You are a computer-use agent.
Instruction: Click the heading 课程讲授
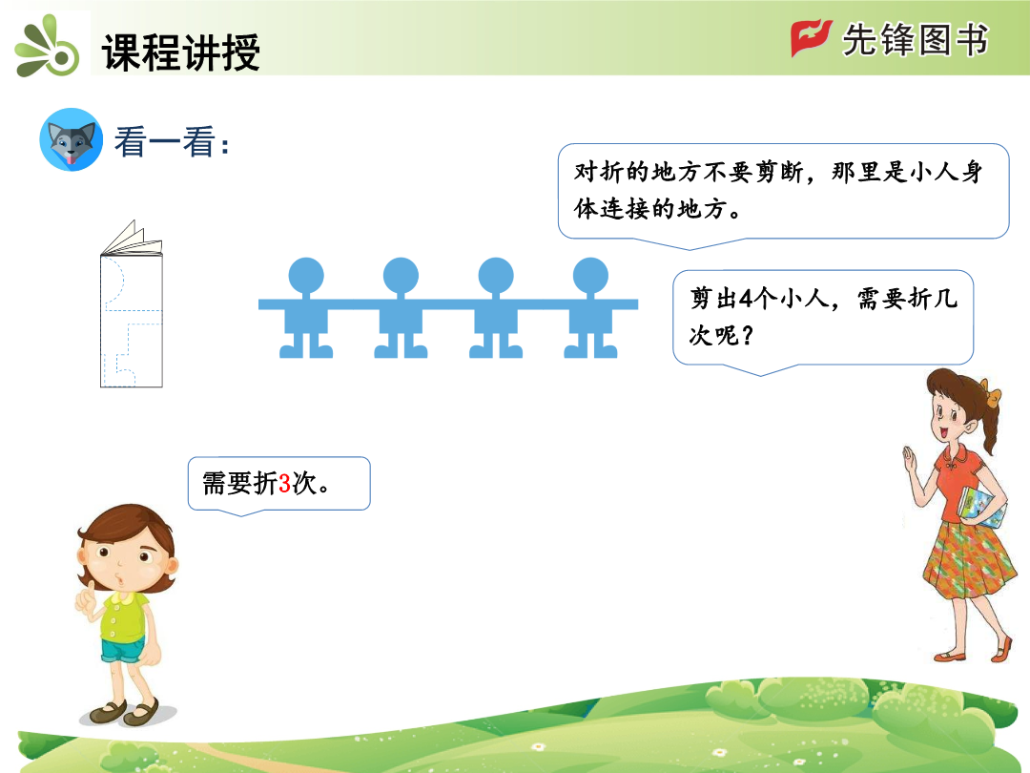(x=180, y=52)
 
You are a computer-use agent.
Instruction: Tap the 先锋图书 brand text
(x=916, y=39)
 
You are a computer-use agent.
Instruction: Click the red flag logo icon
(x=811, y=37)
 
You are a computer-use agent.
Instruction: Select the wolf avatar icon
(x=71, y=140)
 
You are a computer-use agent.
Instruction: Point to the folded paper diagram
(x=132, y=303)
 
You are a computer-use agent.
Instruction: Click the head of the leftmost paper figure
(x=306, y=276)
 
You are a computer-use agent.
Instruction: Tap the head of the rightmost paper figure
(x=590, y=276)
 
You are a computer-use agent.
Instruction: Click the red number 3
(x=284, y=484)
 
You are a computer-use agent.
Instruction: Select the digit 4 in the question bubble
(x=746, y=299)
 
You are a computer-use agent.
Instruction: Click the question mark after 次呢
(x=747, y=335)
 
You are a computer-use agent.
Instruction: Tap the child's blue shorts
(x=123, y=650)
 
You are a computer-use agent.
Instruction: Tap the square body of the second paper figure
(x=401, y=321)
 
